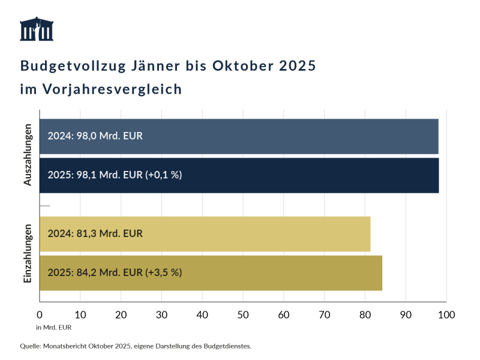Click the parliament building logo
(37, 29)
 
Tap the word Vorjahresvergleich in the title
(112, 89)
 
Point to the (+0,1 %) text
(163, 175)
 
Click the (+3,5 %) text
(163, 272)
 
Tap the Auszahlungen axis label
(28, 155)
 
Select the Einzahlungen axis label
(28, 253)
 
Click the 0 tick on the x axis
(40, 314)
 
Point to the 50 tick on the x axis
(243, 314)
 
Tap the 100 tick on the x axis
(446, 314)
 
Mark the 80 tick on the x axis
(365, 314)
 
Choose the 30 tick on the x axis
(161, 314)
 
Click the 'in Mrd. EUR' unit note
(54, 327)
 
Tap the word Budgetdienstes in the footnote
(228, 346)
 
